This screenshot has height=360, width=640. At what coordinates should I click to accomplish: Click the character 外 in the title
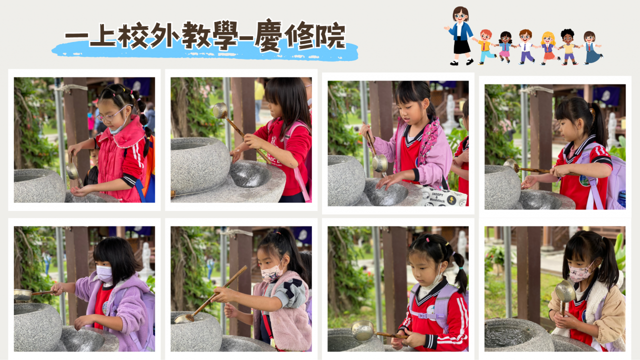[165, 35]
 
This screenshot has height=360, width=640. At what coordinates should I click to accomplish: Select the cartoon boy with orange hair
[485, 47]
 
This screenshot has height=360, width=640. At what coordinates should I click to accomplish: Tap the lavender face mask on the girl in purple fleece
[104, 273]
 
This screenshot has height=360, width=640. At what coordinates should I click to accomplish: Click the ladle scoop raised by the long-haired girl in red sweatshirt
[220, 110]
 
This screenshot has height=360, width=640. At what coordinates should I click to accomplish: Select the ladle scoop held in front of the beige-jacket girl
[565, 291]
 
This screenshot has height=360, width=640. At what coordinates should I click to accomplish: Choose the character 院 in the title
[331, 35]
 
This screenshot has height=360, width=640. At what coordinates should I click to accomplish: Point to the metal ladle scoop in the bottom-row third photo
[363, 330]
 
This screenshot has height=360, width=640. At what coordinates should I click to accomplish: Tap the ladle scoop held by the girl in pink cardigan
[379, 163]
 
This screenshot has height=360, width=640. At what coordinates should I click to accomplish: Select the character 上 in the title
[103, 35]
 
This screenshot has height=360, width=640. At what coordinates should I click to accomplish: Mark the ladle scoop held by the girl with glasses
[72, 171]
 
